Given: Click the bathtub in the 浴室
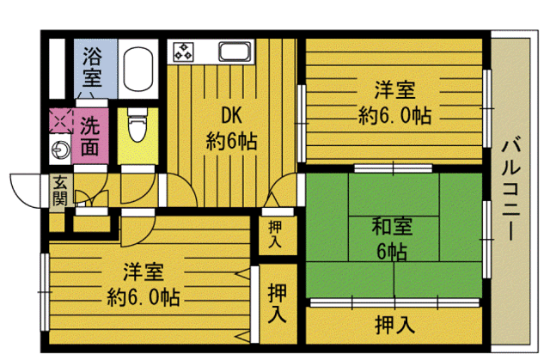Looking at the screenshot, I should click(137, 69).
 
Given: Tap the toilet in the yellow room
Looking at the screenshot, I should click(135, 127).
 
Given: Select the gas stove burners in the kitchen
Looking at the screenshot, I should click(185, 51).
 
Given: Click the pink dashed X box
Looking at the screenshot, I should click(59, 121).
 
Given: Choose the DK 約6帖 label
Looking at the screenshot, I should click(230, 126).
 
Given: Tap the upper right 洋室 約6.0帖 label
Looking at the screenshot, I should click(393, 101).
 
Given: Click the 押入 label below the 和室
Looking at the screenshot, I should click(394, 325).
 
